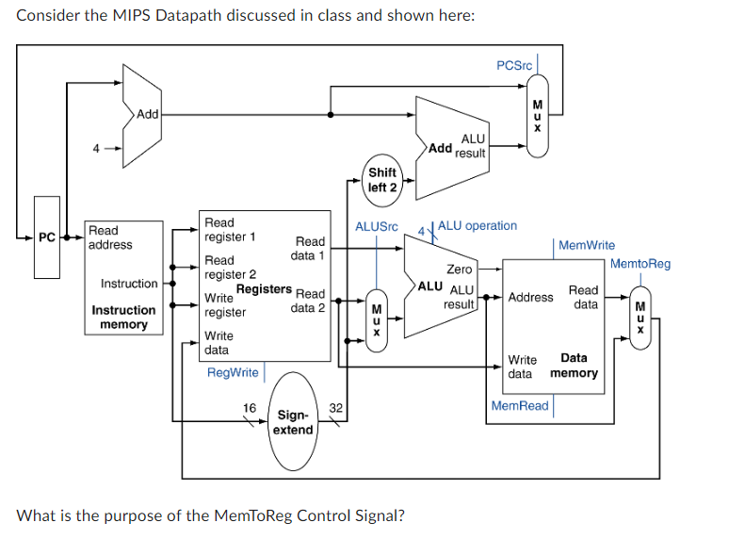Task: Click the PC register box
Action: pos(47,237)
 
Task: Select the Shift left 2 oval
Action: pos(382,180)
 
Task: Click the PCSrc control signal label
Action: pos(514,65)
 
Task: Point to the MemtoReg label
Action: pos(640,264)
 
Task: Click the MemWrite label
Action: pos(587,245)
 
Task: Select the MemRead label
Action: pos(520,406)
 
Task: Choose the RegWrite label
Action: pos(233,372)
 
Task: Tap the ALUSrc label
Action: pos(377,227)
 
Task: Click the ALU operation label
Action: pos(478,226)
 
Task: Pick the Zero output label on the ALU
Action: pos(460,269)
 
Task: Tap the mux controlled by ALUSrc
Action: pos(377,320)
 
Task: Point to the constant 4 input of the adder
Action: pos(94,148)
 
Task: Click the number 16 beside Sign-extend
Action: pos(250,408)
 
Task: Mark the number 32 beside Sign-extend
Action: pos(336,408)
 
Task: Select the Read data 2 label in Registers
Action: pos(308,301)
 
